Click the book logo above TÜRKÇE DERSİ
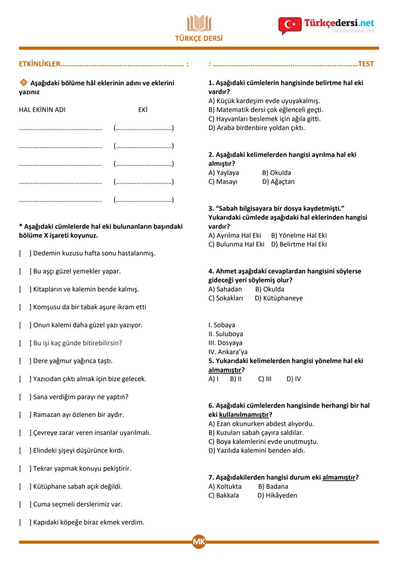coord(199,23)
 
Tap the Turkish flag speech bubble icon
coord(290,25)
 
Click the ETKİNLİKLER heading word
coord(39,64)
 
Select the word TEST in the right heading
coord(366,64)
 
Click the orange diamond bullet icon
coord(23,83)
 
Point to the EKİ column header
coord(143,110)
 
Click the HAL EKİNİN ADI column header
coord(42,110)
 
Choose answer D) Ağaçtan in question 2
coord(278,181)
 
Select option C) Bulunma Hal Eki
coord(236,244)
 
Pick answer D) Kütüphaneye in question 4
coord(279,298)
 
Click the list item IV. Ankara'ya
coord(228,352)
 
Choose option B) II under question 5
coord(236,379)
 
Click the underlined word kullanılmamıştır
coord(244,415)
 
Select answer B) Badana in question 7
coord(273,487)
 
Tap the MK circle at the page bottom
coord(199,542)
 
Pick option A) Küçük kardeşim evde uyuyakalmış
coord(264,101)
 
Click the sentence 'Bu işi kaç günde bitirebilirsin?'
coord(77,343)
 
